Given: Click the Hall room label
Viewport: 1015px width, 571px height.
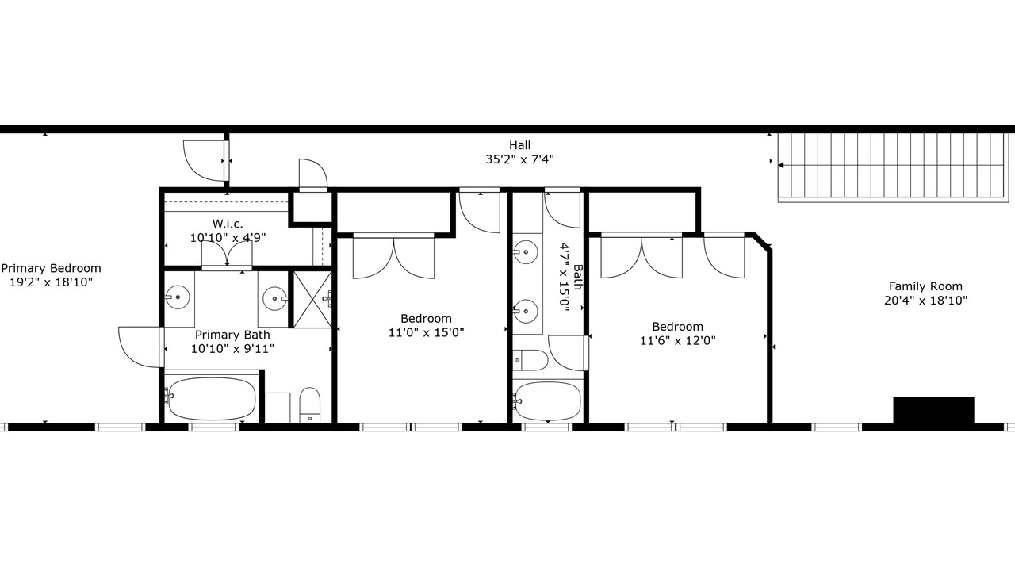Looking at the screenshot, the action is click(x=519, y=145).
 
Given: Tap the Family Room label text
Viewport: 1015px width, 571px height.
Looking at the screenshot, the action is click(x=925, y=286).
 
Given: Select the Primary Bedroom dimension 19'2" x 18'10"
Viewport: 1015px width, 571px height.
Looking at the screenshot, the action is click(x=52, y=282).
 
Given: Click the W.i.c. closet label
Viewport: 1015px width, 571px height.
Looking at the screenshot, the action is click(x=228, y=224).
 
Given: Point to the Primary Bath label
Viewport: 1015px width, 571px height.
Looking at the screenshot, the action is click(x=232, y=335).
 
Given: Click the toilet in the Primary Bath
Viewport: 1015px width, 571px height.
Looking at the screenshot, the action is click(x=310, y=404).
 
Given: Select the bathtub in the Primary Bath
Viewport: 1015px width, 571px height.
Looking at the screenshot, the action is click(x=210, y=399).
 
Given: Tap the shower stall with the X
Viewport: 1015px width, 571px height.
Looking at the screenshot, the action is click(x=312, y=299).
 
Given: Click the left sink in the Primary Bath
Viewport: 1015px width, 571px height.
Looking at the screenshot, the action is click(x=178, y=297).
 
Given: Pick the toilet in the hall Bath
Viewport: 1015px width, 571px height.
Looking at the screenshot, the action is click(x=530, y=360).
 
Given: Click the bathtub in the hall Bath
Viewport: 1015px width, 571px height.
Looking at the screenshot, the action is click(x=547, y=401).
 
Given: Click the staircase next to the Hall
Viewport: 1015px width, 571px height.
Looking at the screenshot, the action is click(x=895, y=167).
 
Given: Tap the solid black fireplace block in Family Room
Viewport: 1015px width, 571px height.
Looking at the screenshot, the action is click(x=933, y=410).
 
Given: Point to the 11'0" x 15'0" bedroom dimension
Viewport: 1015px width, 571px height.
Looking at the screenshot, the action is click(x=427, y=332).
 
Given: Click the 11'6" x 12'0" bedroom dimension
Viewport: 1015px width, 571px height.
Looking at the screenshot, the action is click(x=678, y=340).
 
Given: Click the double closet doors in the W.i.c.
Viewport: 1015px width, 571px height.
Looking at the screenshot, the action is click(x=227, y=253).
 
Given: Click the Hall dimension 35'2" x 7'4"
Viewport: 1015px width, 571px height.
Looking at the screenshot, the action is click(x=519, y=159).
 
